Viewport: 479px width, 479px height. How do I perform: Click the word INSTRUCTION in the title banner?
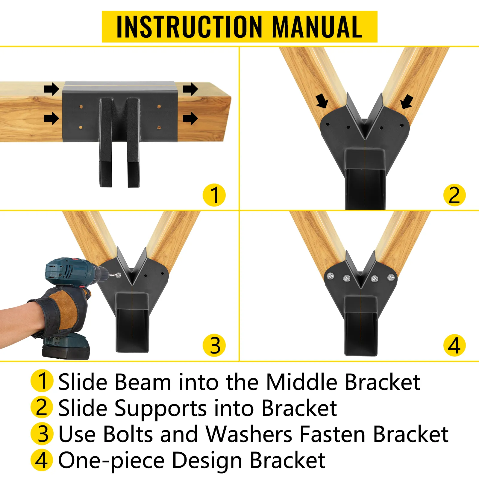pyautogui.click(x=189, y=27)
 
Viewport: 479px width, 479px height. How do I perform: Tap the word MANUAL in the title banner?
pyautogui.click(x=317, y=27)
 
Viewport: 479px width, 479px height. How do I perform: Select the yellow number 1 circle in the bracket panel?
pyautogui.click(x=214, y=195)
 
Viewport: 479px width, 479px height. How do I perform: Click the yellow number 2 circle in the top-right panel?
pyautogui.click(x=454, y=195)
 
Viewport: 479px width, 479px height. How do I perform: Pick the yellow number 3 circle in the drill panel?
pyautogui.click(x=214, y=345)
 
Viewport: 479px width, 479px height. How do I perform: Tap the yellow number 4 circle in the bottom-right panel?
pyautogui.click(x=454, y=345)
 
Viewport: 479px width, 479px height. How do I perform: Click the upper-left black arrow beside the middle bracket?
pyautogui.click(x=51, y=89)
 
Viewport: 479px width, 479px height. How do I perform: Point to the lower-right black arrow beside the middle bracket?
pyautogui.click(x=190, y=118)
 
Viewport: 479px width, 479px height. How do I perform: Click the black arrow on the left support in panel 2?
pyautogui.click(x=322, y=101)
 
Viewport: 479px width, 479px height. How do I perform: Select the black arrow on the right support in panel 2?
pyautogui.click(x=407, y=101)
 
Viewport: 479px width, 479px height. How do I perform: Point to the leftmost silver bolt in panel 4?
pyautogui.click(x=331, y=276)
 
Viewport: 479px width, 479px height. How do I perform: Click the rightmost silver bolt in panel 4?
pyautogui.click(x=391, y=278)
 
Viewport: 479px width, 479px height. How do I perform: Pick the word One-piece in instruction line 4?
pyautogui.click(x=111, y=461)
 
